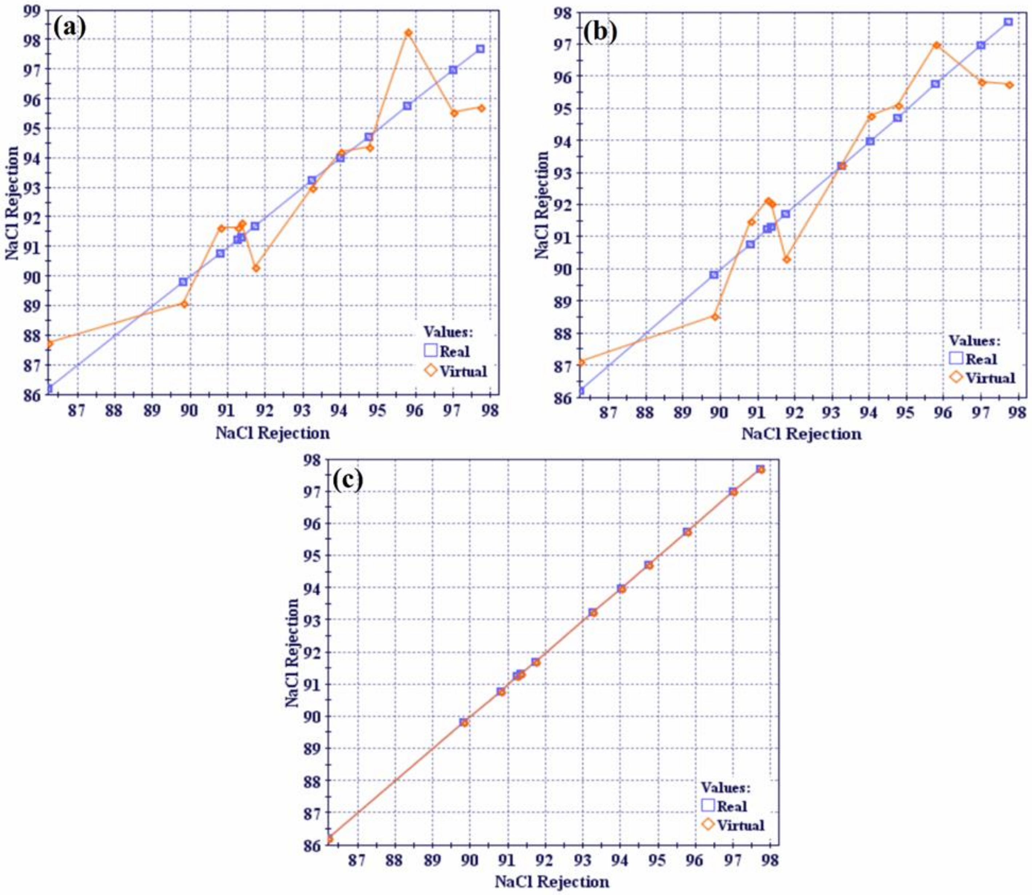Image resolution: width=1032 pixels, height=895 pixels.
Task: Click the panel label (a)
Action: [x=69, y=28]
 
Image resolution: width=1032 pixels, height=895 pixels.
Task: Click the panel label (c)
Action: [x=348, y=481]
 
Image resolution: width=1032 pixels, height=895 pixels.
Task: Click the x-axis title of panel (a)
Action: [x=273, y=433]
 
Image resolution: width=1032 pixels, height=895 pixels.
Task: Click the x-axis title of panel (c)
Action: [x=552, y=882]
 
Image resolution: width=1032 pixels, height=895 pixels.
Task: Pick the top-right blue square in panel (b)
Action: [x=1008, y=22]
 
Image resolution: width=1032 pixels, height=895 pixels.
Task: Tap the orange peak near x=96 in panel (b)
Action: [x=937, y=45]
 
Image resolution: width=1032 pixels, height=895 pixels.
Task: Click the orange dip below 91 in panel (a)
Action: [x=256, y=268]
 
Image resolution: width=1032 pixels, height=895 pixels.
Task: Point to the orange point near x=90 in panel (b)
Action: [x=715, y=317]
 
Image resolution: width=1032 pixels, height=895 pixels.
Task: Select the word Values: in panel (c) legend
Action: [x=725, y=788]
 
